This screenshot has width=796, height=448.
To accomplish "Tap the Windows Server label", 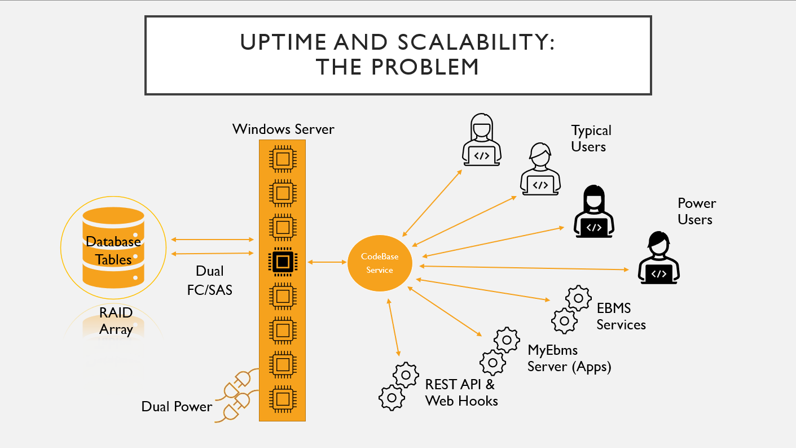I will tap(283, 129).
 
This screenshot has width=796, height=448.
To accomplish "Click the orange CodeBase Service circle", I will tap(380, 263).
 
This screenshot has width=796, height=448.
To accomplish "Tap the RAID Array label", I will tap(116, 321).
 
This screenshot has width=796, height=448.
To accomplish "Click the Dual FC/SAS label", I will tap(209, 281).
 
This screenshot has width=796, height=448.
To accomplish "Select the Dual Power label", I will tap(177, 407).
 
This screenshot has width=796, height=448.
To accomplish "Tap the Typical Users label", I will tap(590, 138).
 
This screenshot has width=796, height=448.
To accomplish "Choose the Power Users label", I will tap(696, 211).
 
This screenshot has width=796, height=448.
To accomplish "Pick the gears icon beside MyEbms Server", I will tap(499, 350).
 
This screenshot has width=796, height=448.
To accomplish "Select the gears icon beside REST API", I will tap(398, 386).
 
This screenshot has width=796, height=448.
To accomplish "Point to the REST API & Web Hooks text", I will tap(461, 393).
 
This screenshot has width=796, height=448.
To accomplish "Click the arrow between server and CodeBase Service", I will tap(327, 262).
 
